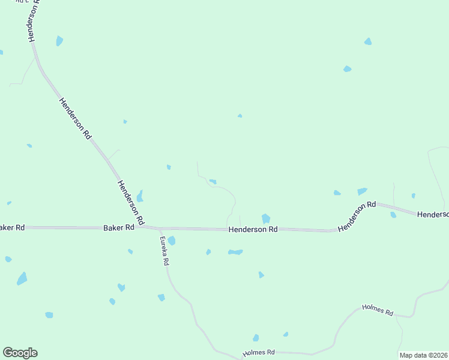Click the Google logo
(20, 353)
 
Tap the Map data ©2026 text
(423, 355)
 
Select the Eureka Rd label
(164, 251)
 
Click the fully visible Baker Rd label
(118, 228)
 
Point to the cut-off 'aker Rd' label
(12, 227)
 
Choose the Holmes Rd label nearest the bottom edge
(258, 352)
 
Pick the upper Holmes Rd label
(378, 310)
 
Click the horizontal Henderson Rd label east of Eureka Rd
(253, 229)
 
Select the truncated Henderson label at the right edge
(432, 214)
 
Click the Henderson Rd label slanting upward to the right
(356, 217)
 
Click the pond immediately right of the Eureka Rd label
(172, 241)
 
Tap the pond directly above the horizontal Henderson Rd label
(265, 218)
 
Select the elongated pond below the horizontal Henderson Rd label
(235, 252)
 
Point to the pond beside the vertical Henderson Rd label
(59, 41)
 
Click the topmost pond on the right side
(367, 41)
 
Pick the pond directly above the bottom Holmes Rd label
(256, 338)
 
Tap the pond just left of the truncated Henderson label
(393, 214)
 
